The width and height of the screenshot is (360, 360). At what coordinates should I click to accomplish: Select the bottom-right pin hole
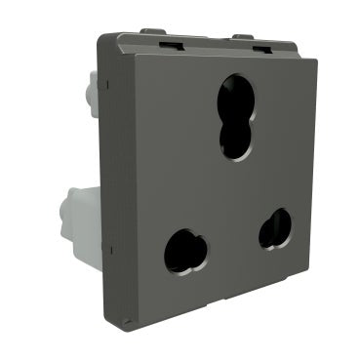pos(275,227)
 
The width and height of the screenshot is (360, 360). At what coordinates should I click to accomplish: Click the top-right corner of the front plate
pos(317,60)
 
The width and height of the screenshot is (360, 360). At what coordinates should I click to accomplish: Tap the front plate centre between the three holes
pos(229,190)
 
